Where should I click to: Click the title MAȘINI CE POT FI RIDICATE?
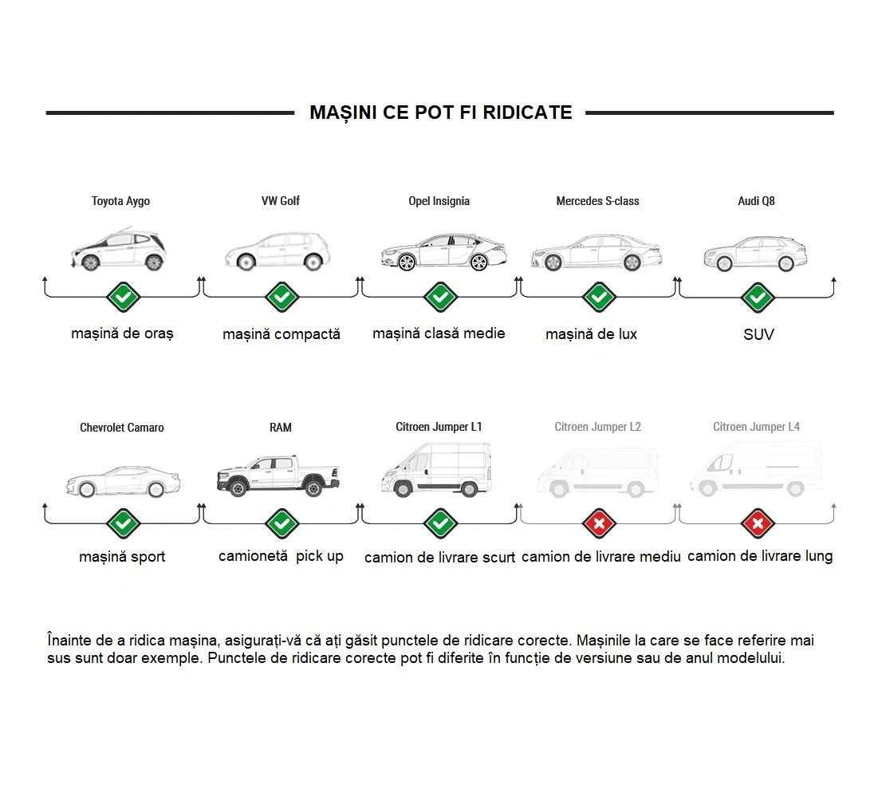(440, 112)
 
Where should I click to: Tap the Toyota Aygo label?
(120, 201)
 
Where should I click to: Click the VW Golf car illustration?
(278, 251)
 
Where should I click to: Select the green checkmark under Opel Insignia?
(439, 298)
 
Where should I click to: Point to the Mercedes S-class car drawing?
(596, 253)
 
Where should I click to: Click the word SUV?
(758, 334)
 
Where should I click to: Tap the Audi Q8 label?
(756, 201)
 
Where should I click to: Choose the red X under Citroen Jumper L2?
(599, 524)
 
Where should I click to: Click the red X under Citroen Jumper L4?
(758, 524)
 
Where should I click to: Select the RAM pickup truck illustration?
(278, 476)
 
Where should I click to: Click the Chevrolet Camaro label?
(122, 428)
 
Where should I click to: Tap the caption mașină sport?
(122, 557)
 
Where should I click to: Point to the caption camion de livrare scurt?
(439, 558)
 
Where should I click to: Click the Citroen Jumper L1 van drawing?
(437, 471)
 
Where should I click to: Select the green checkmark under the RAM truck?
(282, 524)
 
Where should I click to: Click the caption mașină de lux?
(591, 334)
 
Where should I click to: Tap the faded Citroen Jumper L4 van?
(756, 471)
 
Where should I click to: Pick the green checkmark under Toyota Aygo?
(123, 298)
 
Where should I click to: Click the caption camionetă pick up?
(281, 556)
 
